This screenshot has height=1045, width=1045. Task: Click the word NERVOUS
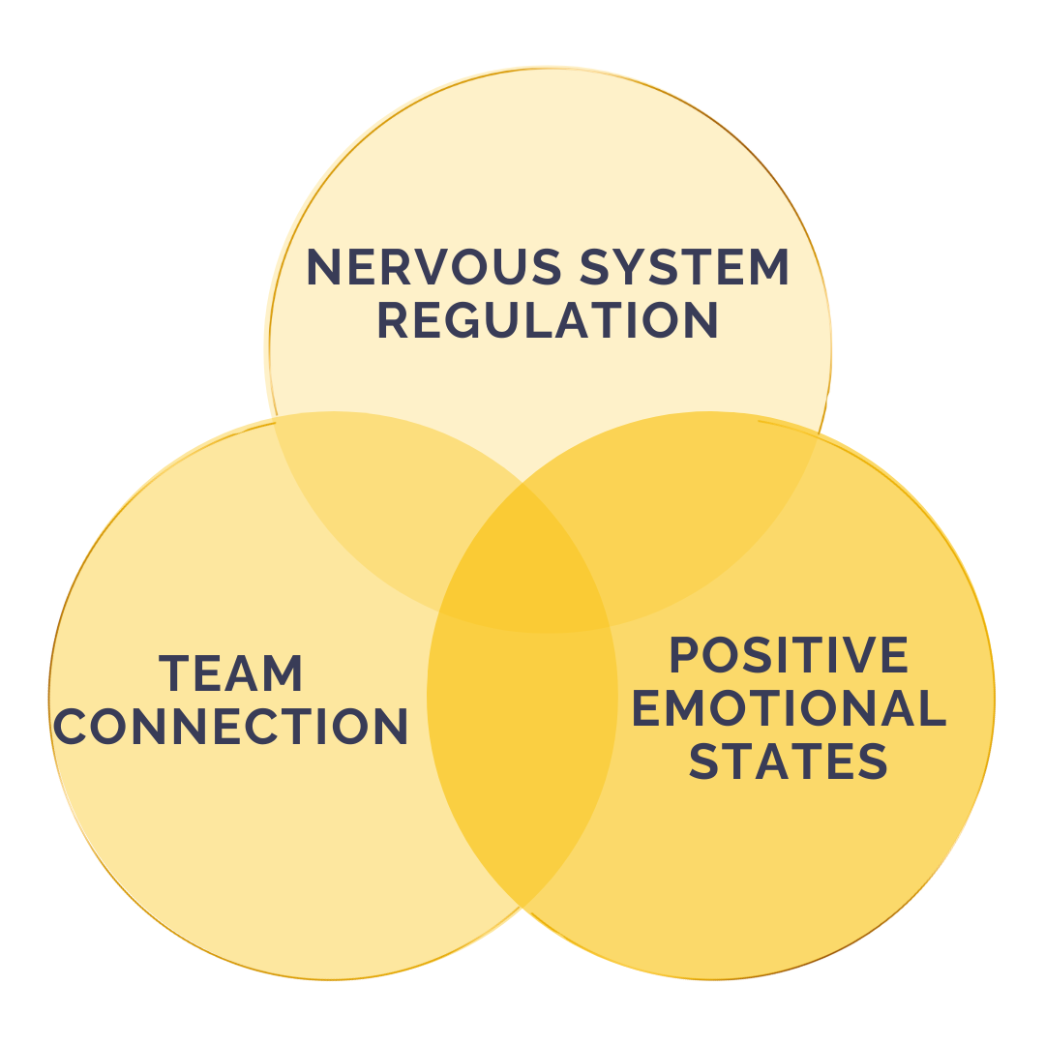(433, 267)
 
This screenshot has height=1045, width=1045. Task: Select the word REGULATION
(547, 321)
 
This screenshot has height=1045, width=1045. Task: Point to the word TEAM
(231, 673)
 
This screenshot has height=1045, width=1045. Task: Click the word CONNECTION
(230, 727)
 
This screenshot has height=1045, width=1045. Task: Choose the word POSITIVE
(789, 656)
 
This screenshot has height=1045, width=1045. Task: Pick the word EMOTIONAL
(789, 708)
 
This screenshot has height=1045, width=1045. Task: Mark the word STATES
(789, 761)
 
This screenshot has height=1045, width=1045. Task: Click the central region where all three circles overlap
(523, 561)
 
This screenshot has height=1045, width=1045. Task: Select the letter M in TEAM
(284, 673)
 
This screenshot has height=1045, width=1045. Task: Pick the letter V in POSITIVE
(851, 656)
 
